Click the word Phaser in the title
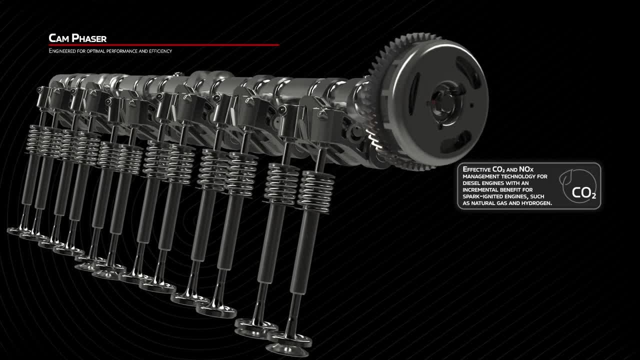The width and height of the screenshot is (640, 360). (89, 38)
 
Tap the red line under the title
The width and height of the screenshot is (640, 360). (164, 45)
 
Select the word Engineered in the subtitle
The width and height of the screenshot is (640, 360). (62, 51)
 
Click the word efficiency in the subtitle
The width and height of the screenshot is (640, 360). (160, 51)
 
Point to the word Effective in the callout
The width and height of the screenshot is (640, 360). (476, 169)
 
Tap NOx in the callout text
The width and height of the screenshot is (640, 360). (526, 169)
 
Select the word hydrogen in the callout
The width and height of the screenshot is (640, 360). (538, 203)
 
